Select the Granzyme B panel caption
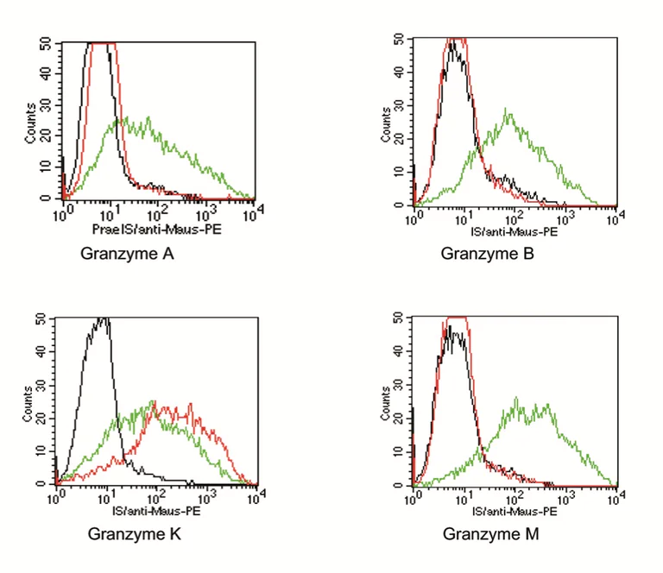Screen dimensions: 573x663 pos(487,254)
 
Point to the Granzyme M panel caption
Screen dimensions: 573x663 pos(490,534)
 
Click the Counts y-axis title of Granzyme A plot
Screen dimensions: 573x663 pos(31,123)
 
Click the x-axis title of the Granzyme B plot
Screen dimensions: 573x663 pos(514,231)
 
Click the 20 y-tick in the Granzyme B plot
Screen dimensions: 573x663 pos(401,139)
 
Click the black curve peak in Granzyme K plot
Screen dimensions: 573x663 pos(104,319)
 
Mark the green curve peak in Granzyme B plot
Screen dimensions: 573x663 pos(508,110)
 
